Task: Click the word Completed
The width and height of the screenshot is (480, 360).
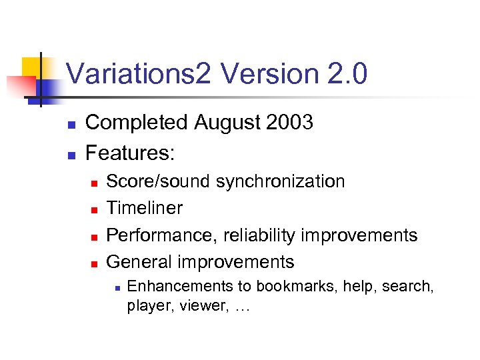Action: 137,123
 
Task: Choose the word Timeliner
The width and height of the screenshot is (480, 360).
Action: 144,208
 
